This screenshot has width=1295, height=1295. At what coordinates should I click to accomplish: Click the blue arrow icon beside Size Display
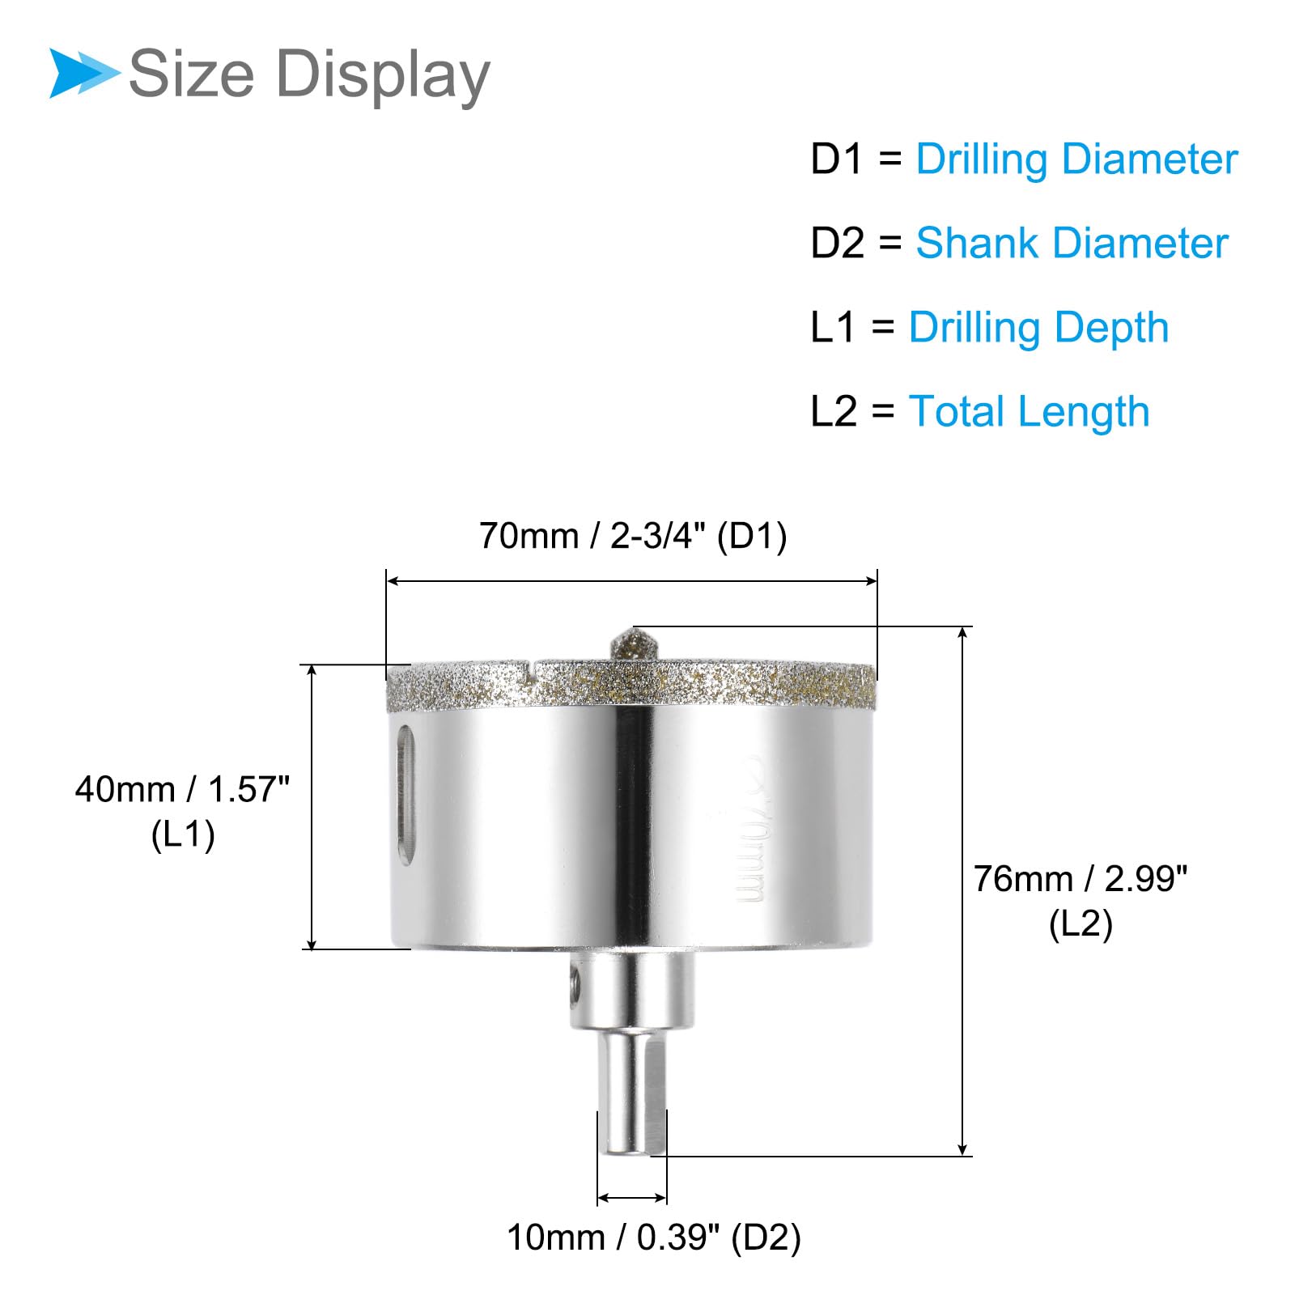click(x=84, y=73)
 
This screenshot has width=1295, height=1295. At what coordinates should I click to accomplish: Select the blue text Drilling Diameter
click(x=1076, y=159)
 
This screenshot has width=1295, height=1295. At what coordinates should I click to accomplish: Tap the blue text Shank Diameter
click(x=1072, y=243)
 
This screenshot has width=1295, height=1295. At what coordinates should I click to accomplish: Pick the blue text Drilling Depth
click(x=1038, y=329)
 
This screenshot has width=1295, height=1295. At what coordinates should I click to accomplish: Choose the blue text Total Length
click(x=1029, y=412)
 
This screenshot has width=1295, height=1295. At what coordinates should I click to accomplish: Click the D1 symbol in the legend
click(x=838, y=159)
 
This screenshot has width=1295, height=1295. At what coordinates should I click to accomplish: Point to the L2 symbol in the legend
click(x=834, y=411)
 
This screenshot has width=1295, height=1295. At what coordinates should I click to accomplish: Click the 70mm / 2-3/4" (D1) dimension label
click(x=633, y=536)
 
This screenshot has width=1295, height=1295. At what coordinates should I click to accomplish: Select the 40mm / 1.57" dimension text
click(x=182, y=789)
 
